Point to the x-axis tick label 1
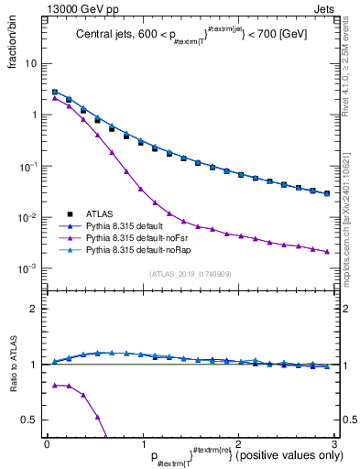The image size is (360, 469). pos(142,444)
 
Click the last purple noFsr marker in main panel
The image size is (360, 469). pos(325,251)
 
